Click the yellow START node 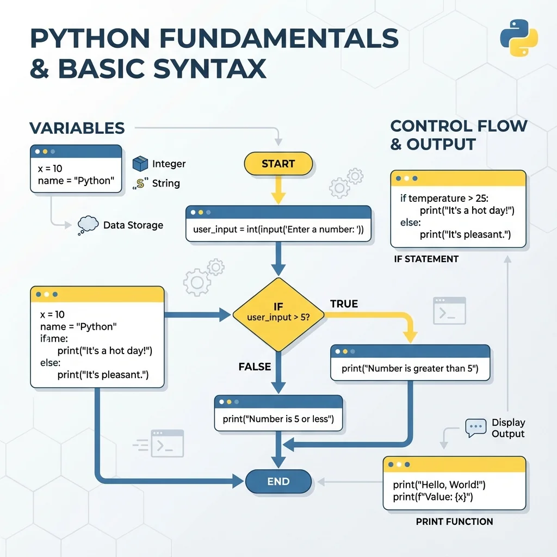click(278, 164)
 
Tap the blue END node click(278, 481)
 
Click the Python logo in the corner click(518, 38)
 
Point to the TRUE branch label click(344, 304)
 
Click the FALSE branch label click(255, 367)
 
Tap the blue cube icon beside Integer click(140, 163)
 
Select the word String click(166, 183)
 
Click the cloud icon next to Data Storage click(88, 225)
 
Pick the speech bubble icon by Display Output click(476, 428)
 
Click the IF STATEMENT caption click(426, 259)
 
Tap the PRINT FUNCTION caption click(454, 522)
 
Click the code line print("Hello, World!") click(439, 485)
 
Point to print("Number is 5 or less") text click(278, 419)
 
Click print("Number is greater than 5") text click(410, 369)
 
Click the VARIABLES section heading click(77, 128)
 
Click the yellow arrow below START click(278, 191)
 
